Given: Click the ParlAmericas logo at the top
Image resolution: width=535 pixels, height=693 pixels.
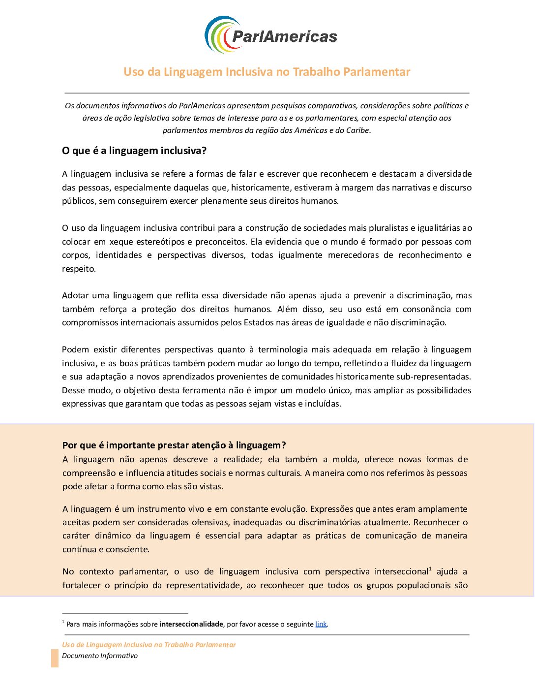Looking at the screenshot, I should pos(270,35).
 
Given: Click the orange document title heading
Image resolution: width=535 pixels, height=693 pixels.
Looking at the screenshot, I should pos(267,72).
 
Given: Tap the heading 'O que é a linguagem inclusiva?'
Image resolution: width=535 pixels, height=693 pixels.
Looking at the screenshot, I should pos(134,151).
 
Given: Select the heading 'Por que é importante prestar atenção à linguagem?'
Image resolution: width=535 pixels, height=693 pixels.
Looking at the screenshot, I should pos(174,445).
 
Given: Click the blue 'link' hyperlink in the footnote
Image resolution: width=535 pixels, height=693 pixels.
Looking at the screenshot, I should pos(321,624).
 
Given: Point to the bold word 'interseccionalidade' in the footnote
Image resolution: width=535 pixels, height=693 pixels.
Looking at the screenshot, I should pos(191,624).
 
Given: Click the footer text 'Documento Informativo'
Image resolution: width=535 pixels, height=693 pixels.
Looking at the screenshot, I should pos(100,656).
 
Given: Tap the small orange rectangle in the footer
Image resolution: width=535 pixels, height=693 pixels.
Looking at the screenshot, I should pos(55,658).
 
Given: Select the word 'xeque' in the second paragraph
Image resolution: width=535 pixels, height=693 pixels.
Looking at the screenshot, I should pos(121,242).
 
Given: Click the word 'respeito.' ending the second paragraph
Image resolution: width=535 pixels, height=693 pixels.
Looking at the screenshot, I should pos(79,269).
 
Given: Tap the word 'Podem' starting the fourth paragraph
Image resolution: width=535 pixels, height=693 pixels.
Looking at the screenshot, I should pos(75,349).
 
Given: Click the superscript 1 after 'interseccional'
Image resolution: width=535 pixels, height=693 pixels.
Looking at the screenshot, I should pos(430,569).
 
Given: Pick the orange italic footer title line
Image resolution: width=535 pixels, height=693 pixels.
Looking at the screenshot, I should pos(149,645).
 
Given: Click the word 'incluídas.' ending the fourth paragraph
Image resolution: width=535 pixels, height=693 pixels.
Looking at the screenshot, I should pos(323,404).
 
